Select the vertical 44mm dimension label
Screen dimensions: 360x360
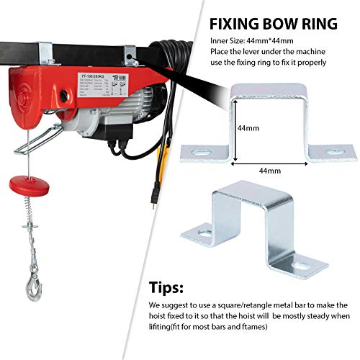(248, 128)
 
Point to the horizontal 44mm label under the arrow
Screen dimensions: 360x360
(269, 170)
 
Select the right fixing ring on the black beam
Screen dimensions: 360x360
(130, 53)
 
